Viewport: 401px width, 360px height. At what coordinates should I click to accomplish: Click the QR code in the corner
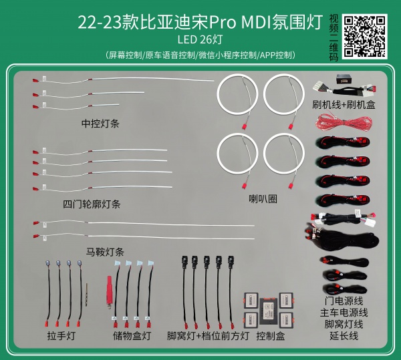[x=364, y=37]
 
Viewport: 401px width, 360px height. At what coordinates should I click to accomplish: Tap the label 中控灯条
[x=100, y=124]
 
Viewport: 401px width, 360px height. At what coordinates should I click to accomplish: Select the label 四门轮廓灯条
[x=92, y=204]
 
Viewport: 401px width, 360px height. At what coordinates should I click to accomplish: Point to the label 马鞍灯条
[x=105, y=252]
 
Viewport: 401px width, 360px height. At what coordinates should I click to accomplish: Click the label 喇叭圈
[x=263, y=199]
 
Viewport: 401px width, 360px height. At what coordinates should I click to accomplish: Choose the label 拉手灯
[x=61, y=336]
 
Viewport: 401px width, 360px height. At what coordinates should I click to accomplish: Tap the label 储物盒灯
[x=132, y=336]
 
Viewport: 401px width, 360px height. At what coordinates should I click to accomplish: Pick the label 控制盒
[x=271, y=336]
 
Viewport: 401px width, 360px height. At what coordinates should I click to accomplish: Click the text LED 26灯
[x=200, y=39]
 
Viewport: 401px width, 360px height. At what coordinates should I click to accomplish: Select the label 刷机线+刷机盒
[x=344, y=105]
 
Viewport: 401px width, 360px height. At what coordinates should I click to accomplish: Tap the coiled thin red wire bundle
[x=344, y=123]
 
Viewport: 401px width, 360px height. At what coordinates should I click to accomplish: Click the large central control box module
[x=269, y=312]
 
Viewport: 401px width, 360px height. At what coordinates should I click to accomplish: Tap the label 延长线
[x=344, y=336]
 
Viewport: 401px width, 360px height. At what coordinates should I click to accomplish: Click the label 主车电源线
[x=344, y=313]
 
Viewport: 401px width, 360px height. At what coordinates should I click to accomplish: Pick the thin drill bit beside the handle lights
[x=86, y=295]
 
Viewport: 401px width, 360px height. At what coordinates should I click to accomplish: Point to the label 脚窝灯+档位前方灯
[x=208, y=336]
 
